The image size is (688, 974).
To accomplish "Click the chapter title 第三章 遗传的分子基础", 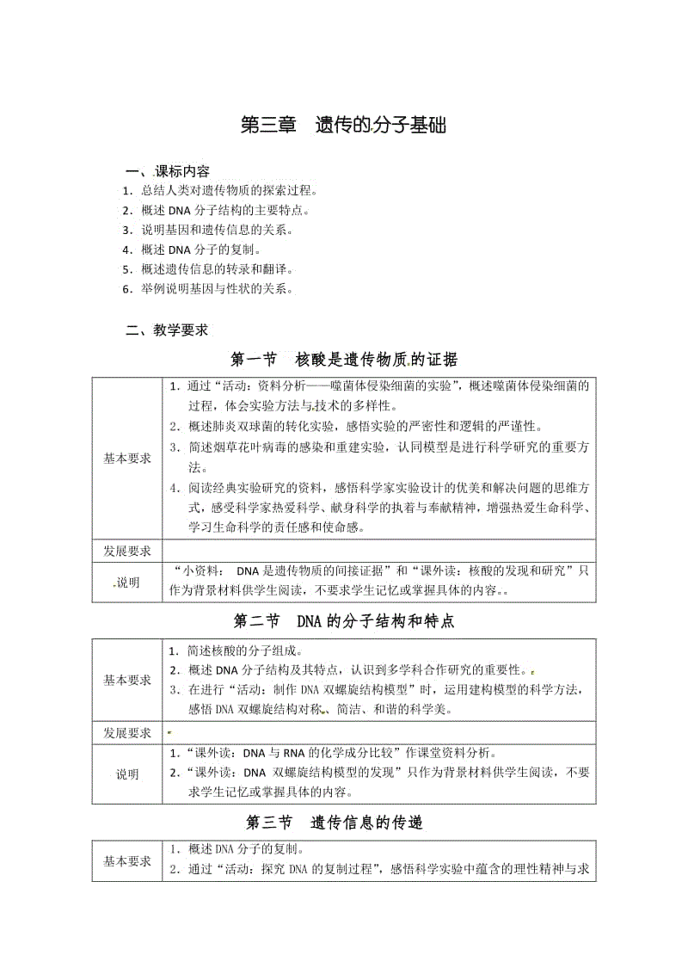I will [343, 126].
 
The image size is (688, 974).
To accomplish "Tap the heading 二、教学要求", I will [167, 330].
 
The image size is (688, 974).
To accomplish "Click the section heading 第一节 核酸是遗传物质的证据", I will [344, 360].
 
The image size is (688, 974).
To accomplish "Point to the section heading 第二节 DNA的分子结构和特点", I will [344, 620].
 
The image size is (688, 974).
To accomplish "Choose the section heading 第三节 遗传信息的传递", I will [344, 823].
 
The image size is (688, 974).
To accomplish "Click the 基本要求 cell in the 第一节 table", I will [127, 459].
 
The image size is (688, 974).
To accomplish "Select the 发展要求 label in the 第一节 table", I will [127, 551].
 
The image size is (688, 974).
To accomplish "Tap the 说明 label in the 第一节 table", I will [127, 583].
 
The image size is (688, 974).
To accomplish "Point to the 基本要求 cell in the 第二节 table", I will [127, 680].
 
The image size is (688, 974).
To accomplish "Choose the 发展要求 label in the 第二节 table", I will [127, 733].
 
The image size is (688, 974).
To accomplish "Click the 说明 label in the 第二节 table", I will [127, 774].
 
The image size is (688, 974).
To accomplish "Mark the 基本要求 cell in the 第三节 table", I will [127, 861].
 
